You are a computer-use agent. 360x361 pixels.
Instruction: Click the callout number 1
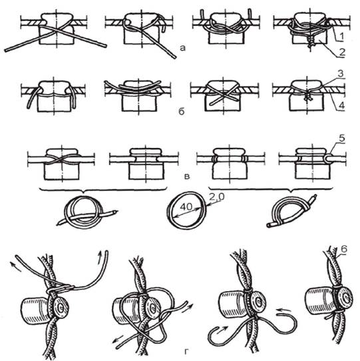point(341,36)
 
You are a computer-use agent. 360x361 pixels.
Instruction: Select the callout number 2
point(342,52)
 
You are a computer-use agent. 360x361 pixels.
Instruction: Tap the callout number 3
point(341,74)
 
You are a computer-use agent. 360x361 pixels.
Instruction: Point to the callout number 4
point(342,106)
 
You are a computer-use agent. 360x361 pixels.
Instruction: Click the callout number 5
point(342,139)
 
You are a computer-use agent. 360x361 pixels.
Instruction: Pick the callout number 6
point(344,249)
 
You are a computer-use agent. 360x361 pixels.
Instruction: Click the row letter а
point(182,48)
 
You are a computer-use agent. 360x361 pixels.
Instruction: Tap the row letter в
point(187,177)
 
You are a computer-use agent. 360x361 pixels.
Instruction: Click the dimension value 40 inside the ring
point(186,207)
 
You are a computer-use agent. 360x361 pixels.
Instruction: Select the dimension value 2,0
point(216,197)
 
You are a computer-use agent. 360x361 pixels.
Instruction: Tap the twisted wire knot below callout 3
point(307,98)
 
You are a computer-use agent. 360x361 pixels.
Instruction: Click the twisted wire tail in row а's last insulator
point(311,42)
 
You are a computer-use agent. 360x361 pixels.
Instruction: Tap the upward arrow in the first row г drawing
point(99,257)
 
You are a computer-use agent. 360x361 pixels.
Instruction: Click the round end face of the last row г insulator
point(347,298)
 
